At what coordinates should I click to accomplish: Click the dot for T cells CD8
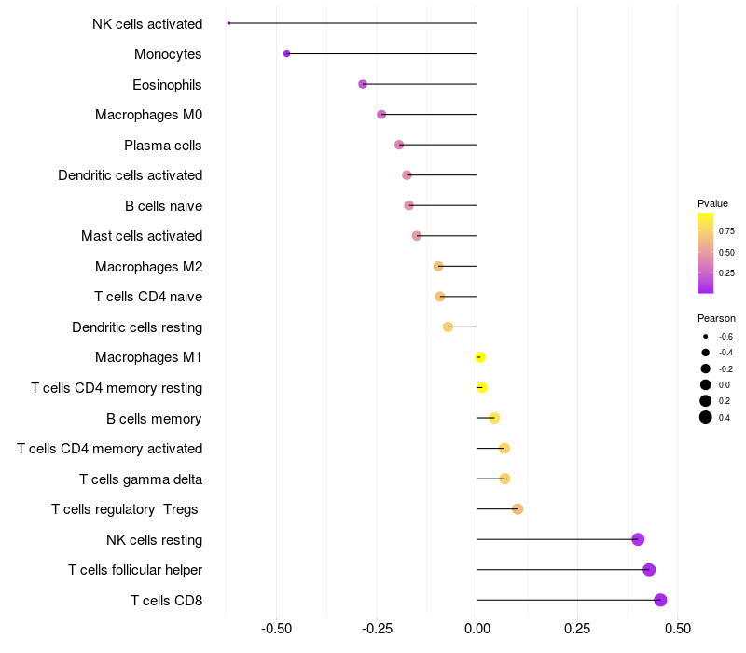tap(660, 600)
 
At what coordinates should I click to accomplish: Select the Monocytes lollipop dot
tap(286, 54)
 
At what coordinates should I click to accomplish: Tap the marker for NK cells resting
tap(638, 539)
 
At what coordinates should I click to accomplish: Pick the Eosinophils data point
tap(363, 84)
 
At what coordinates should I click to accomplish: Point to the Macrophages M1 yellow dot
tap(480, 357)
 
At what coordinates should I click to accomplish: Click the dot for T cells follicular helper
tap(649, 570)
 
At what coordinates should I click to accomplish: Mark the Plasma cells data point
tap(399, 145)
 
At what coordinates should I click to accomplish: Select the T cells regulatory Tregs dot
tap(518, 509)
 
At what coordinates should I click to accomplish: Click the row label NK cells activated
tap(147, 23)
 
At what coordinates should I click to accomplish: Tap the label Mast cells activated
tap(142, 236)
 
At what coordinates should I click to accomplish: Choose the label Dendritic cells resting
tap(137, 327)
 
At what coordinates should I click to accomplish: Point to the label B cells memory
tap(154, 418)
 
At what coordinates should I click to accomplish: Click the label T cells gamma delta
tap(141, 479)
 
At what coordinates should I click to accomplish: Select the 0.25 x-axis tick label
tap(577, 628)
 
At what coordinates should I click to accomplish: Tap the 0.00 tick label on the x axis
tap(477, 628)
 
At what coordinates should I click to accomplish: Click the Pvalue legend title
tap(712, 203)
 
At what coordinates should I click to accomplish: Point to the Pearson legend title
tap(716, 318)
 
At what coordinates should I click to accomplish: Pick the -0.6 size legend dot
tap(706, 336)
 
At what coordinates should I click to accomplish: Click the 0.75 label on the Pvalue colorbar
tap(726, 231)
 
